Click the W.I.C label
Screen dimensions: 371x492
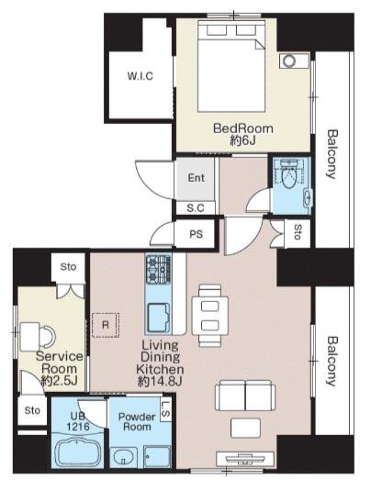140,76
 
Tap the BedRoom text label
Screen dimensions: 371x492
243,129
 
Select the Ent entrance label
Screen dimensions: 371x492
196,178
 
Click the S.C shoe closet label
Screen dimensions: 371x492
196,208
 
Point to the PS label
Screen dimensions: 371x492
196,234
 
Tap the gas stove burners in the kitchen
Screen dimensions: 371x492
158,269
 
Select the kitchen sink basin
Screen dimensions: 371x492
158,318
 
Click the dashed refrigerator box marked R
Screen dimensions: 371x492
106,325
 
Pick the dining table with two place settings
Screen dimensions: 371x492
210,316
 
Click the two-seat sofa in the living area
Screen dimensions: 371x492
245,396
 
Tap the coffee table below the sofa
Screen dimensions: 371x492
245,428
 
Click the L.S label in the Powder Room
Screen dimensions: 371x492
166,409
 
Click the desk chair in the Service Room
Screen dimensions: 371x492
47,336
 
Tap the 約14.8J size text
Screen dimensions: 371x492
160,381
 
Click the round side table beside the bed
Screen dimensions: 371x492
289,61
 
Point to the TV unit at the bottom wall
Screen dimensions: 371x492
245,459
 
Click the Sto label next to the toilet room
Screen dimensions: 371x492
298,232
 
